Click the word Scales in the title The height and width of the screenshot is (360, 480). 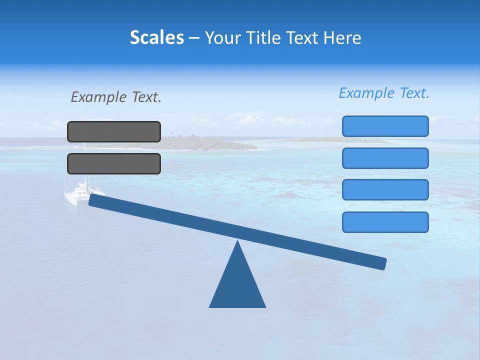tap(157, 37)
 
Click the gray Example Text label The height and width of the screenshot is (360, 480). tap(116, 97)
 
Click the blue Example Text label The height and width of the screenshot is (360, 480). tap(384, 93)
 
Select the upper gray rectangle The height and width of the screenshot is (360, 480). tap(114, 131)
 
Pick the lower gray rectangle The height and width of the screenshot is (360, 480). tap(114, 163)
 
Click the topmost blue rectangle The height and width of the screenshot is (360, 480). tap(385, 126)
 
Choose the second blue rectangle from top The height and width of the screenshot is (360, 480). tap(385, 158)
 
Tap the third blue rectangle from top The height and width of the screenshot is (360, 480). tap(385, 190)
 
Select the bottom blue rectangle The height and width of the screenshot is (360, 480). tap(385, 222)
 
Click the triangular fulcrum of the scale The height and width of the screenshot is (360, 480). tap(237, 285)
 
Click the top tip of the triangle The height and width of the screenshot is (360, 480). tap(237, 242)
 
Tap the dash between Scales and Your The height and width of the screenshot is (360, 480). tap(194, 38)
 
